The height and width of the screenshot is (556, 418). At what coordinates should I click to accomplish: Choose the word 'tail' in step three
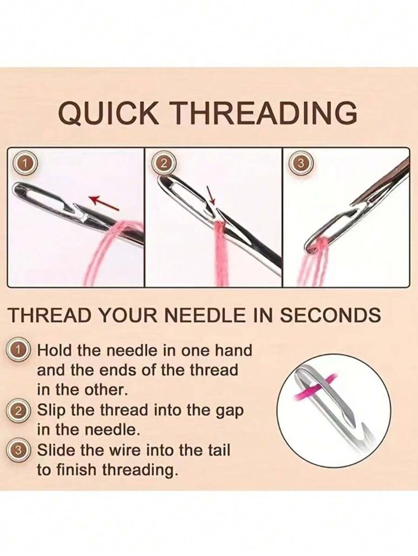pos(216,450)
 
